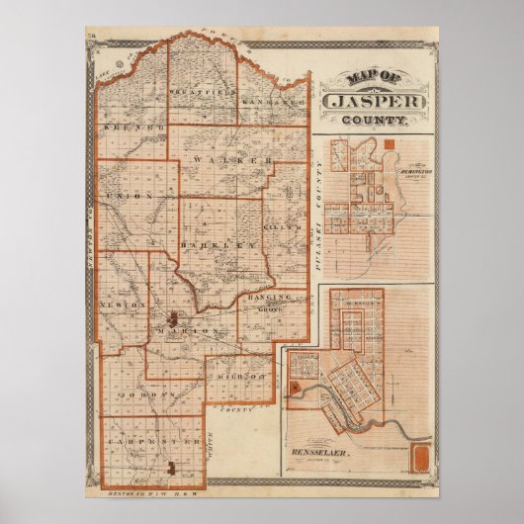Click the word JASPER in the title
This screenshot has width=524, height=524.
point(374,99)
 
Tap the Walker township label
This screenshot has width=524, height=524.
point(234,159)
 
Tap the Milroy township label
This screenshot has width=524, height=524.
point(239,376)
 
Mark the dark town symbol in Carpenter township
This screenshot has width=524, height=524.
point(173,465)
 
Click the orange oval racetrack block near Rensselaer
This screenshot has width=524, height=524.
point(419,458)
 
